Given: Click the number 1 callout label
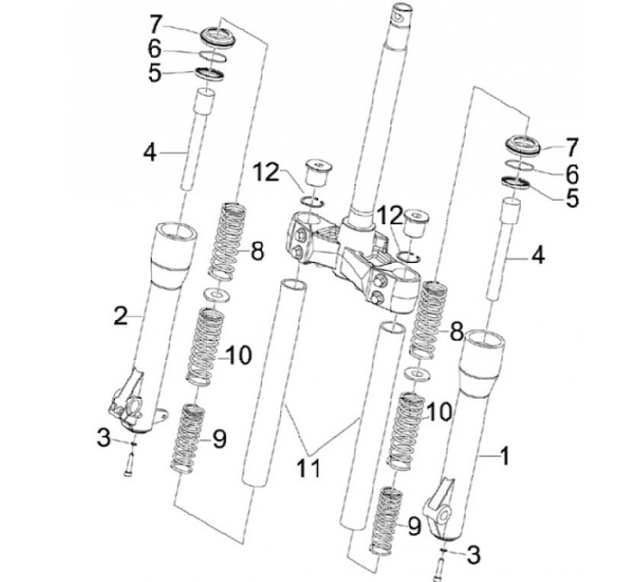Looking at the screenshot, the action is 505,456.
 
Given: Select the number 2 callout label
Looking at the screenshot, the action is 121,315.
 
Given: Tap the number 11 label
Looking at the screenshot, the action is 308,467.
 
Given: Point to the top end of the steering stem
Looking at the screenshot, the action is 397,10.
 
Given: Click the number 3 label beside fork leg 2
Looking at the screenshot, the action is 104,438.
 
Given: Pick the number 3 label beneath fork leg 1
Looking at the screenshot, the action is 473,554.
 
